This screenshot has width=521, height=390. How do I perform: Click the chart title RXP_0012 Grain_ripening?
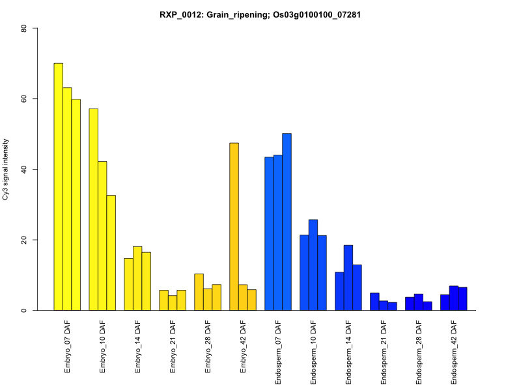click(260, 14)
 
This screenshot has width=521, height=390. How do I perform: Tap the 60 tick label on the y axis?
click(23, 99)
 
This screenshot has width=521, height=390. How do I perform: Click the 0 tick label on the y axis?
click(23, 310)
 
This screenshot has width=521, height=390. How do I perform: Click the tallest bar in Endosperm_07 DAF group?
click(287, 222)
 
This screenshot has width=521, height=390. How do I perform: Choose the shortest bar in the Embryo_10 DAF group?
click(111, 253)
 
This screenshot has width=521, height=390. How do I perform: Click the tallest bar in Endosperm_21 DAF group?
click(374, 302)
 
